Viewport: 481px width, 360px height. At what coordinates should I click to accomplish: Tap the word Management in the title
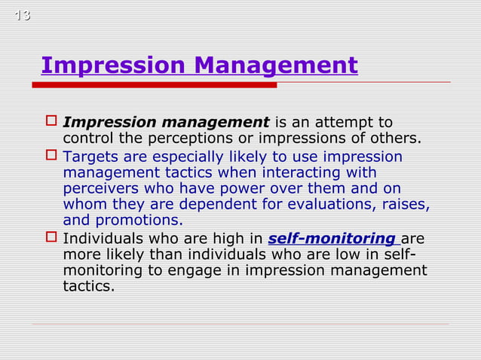coord(276,66)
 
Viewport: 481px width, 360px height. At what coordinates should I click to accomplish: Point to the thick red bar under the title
coord(155,85)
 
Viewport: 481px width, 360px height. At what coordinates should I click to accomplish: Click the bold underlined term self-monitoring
coord(332,239)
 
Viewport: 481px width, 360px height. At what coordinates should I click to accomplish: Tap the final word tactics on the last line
coord(89,286)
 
